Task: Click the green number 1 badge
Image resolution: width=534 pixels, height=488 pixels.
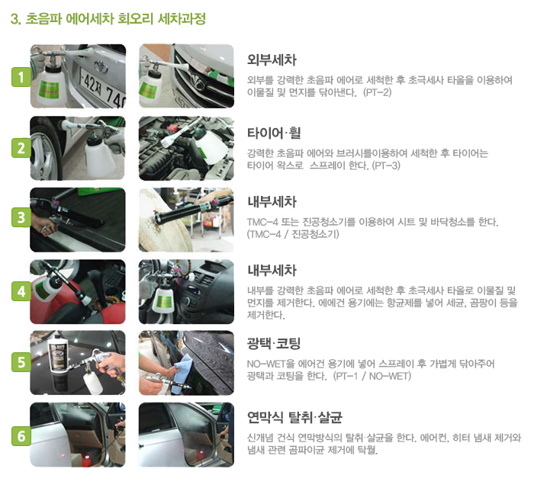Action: pos(21,76)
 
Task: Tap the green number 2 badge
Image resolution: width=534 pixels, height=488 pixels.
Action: pos(21,148)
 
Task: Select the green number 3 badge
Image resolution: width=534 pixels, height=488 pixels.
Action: pos(21,217)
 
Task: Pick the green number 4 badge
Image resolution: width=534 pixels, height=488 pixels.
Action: pos(21,291)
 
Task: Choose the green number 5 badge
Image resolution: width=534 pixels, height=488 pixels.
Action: pos(21,362)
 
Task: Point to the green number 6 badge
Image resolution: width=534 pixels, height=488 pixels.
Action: pos(21,435)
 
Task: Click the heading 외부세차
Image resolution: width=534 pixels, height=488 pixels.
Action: pos(272,60)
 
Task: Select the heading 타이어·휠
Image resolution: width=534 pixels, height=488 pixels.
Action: pos(274,133)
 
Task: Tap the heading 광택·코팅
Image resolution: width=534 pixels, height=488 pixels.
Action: pos(274,343)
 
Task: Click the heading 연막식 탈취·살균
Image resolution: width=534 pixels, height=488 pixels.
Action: pos(295,417)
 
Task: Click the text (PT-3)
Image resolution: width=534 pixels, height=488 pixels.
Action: pos(386,165)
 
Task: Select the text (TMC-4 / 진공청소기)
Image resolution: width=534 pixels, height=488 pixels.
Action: pos(293,234)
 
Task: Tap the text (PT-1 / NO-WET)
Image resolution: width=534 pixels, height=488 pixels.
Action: pos(372,376)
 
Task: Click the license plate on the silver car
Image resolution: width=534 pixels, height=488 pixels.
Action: pos(102,86)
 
